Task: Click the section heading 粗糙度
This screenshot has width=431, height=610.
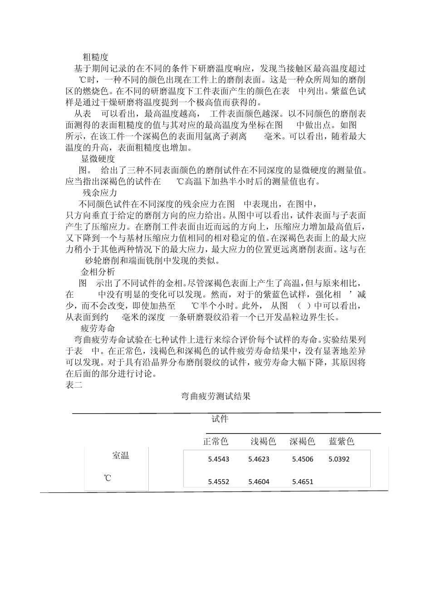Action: [x=96, y=57]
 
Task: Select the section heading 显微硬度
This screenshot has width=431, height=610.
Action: [x=98, y=159]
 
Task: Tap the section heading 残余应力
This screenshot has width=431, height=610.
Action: [x=100, y=192]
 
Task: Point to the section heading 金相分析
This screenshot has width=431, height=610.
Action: [x=98, y=272]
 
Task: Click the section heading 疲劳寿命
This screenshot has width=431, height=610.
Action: [x=98, y=328]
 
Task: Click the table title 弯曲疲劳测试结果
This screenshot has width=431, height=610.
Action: [x=216, y=396]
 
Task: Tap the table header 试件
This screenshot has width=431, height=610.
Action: [x=220, y=419]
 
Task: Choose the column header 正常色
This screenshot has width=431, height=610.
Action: [x=215, y=441]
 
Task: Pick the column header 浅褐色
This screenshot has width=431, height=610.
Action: [x=264, y=441]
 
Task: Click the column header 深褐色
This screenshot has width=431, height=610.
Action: [x=302, y=441]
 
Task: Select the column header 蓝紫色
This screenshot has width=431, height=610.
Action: [x=341, y=441]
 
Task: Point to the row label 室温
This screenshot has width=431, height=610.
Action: [x=121, y=456]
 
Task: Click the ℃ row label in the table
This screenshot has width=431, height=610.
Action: [x=108, y=478]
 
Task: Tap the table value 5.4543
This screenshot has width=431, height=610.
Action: [x=219, y=459]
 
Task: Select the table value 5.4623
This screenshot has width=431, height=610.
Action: [x=259, y=459]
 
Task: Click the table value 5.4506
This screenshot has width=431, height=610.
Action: [x=303, y=459]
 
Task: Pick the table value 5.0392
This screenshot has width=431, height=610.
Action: [x=339, y=459]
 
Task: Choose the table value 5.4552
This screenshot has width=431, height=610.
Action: [x=219, y=482]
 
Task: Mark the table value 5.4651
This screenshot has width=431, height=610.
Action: [x=303, y=482]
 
